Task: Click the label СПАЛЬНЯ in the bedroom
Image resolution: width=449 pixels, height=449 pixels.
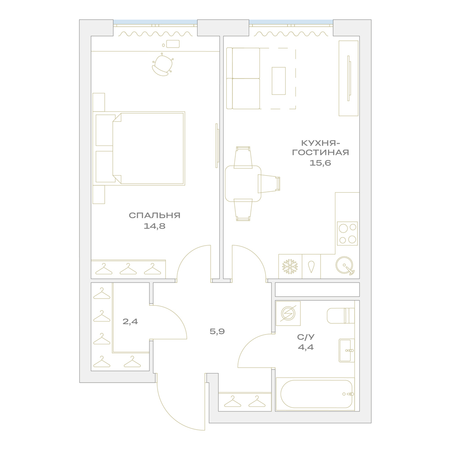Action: point(154,216)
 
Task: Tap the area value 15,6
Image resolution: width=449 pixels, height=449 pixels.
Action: point(320,163)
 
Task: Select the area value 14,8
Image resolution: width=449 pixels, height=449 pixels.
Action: point(154,226)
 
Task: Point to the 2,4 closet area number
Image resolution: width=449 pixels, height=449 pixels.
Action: point(130,321)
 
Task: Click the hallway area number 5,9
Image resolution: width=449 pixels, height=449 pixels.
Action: point(217,332)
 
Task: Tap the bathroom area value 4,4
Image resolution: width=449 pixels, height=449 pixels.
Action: point(306,347)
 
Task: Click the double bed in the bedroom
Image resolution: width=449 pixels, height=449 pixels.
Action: point(140,148)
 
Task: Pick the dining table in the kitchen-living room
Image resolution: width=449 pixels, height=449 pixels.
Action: point(243,184)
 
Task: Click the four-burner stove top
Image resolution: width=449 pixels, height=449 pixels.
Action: point(348,233)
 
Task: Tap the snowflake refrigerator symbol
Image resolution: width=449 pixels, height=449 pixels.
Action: point(290,267)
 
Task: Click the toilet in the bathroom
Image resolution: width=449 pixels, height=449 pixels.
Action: point(341,316)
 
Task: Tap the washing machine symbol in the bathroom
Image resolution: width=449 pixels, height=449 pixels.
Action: point(288,313)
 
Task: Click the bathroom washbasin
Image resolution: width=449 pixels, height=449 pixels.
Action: point(347,351)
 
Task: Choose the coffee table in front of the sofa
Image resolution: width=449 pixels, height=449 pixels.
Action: point(279,81)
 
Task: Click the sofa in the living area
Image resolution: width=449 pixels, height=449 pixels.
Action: point(243,79)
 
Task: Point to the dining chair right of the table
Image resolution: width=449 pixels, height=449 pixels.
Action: point(269,184)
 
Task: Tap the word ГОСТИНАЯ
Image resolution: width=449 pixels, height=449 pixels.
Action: point(321,152)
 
